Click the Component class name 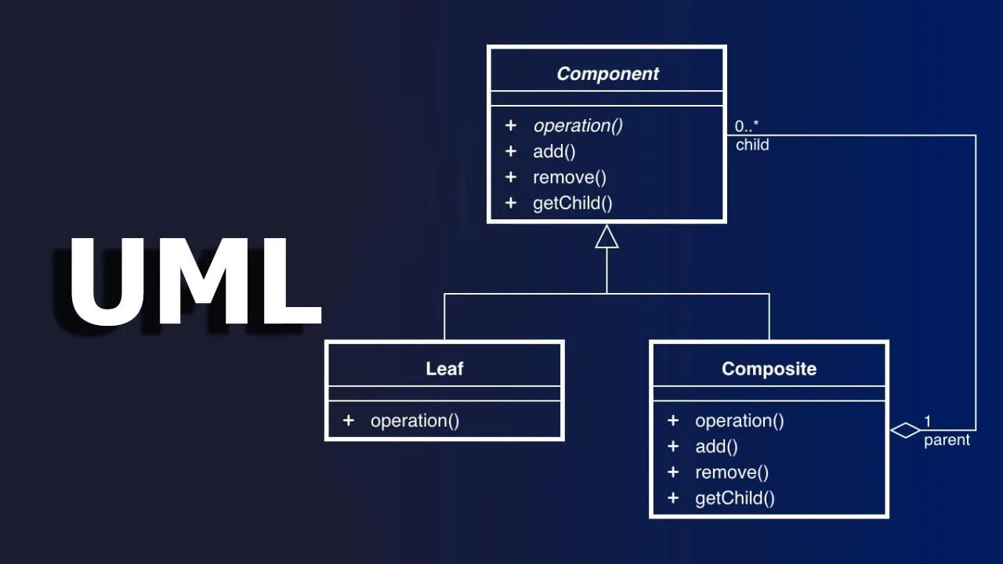pos(607,74)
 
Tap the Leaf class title pos(444,369)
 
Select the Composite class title pos(769,369)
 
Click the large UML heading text pos(195,281)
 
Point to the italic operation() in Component pos(578,126)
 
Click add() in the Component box pos(554,152)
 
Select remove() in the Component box pos(570,178)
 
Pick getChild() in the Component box pos(572,204)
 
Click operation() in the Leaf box pos(415,421)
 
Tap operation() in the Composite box pos(739,421)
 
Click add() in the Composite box pos(716,446)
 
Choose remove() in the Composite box pos(732,472)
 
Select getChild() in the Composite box pos(735,498)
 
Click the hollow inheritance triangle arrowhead pos(607,237)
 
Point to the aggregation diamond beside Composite pos(905,430)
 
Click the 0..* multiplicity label pos(747,126)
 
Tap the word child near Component pos(752,145)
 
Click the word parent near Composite pos(947,440)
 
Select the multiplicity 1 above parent pos(928,421)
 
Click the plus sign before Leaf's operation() pos(349,421)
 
